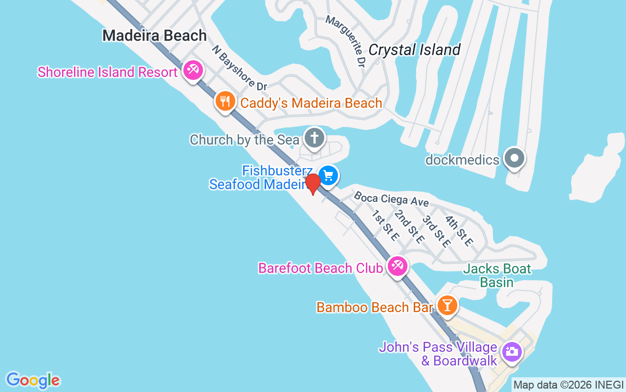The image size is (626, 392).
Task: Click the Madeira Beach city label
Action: coord(155,36)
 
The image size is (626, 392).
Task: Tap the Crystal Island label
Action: coord(414,50)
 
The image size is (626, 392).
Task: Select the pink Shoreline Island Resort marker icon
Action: coord(193,71)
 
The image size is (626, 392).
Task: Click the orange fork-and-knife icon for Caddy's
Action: coord(224,101)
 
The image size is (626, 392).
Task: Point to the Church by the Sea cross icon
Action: coord(314,138)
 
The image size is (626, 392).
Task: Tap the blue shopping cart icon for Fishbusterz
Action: coord(329,175)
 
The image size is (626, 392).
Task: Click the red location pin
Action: coord(313,183)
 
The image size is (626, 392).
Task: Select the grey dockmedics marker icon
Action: coord(514,159)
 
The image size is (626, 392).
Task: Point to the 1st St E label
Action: coord(384,225)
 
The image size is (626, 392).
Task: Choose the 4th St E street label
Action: coord(459,230)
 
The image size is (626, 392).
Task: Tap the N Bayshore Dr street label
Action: coord(239,68)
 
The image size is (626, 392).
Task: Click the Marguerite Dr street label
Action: coord(345,41)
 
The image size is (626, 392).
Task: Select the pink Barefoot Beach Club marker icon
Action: coord(397,267)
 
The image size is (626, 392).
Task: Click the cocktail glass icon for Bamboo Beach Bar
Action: coord(446,305)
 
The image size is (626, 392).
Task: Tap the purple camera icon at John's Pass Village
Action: coord(512,351)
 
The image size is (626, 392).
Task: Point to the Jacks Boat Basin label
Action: coord(496,275)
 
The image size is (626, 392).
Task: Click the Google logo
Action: coord(33,380)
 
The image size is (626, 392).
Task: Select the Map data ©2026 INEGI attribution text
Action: coord(568,385)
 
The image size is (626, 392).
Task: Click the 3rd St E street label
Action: coord(436,231)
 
